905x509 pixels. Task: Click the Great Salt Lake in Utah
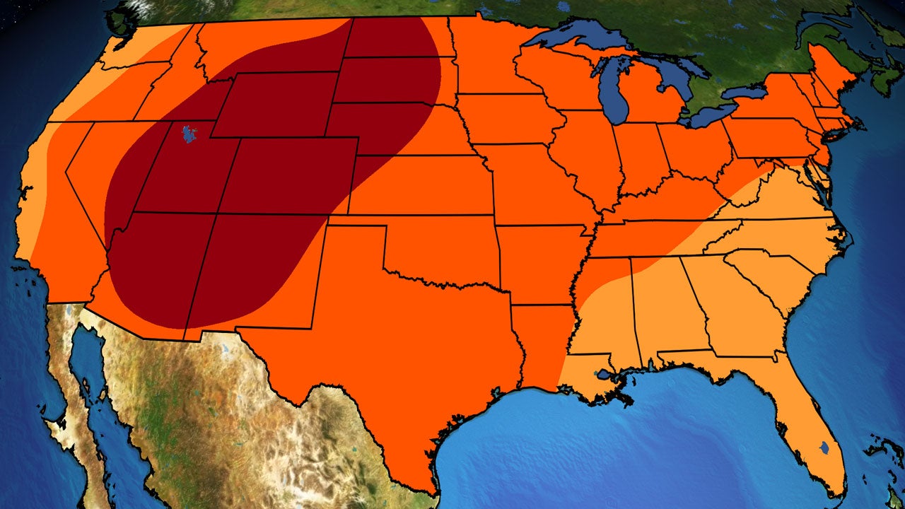point(188,134)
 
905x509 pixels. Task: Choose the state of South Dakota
point(385,78)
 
